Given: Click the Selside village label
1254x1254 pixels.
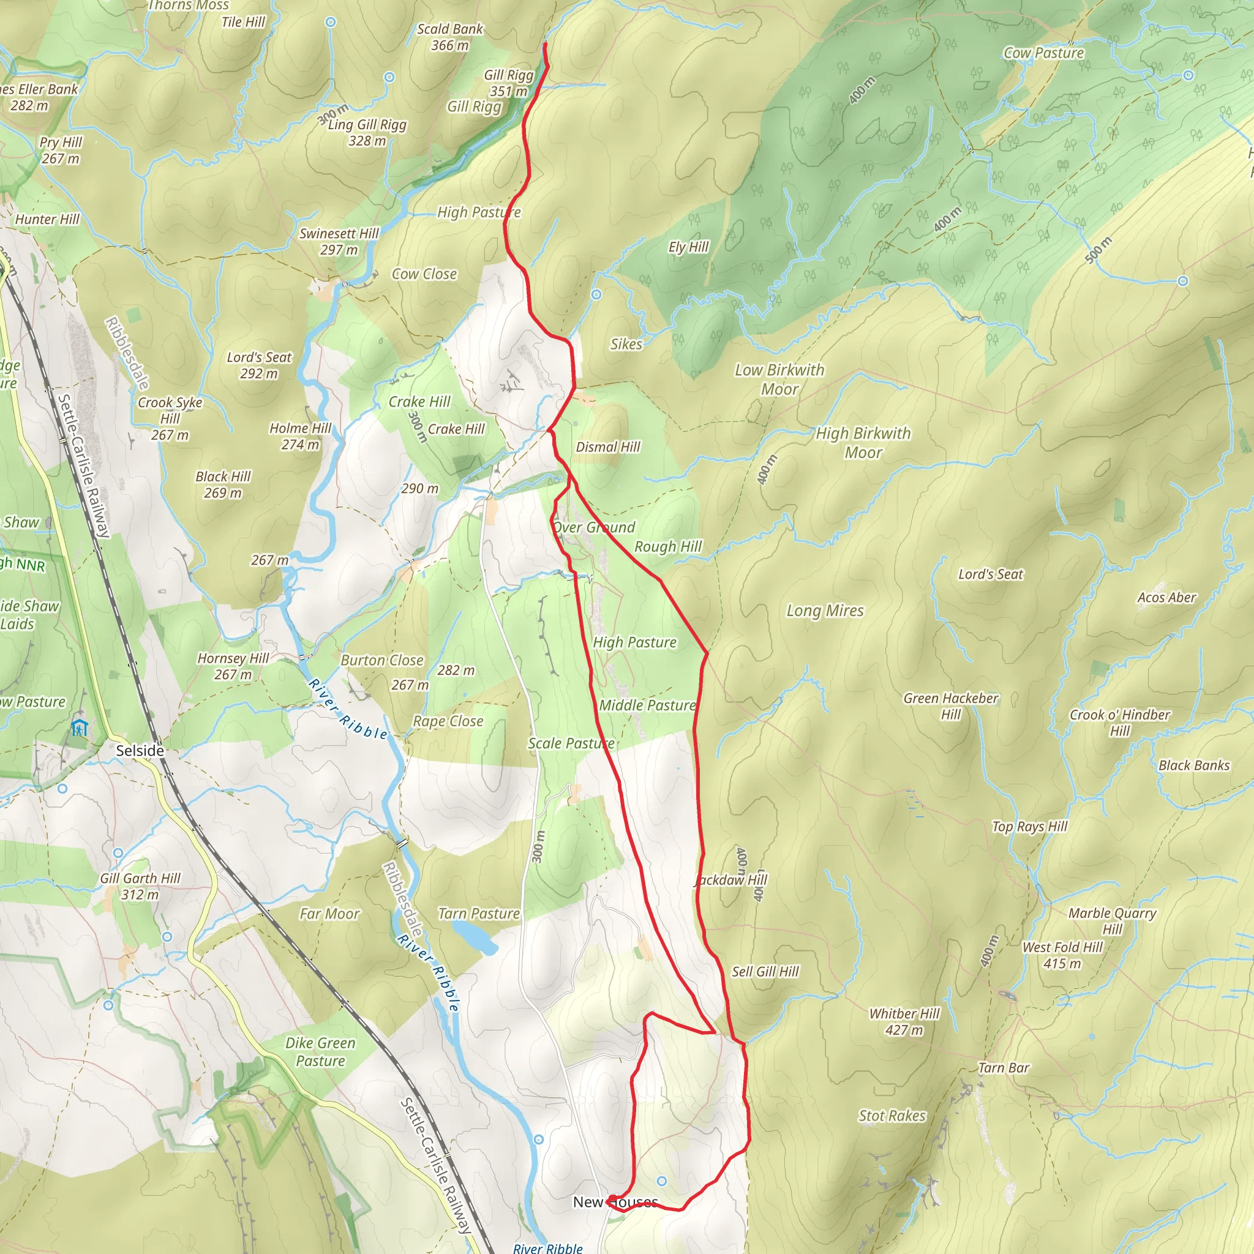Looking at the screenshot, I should click(140, 750).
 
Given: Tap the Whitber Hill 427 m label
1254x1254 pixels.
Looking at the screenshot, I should click(904, 1022).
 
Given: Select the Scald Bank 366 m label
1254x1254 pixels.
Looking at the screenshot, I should click(450, 37).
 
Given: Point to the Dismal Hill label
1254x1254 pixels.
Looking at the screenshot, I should click(607, 447).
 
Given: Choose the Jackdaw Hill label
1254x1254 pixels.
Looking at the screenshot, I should click(732, 880).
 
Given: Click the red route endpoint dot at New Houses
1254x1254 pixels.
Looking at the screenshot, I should click(613, 1200).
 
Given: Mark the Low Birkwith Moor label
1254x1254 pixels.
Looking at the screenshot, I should click(779, 379).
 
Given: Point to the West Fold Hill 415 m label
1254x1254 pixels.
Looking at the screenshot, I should click(1062, 955).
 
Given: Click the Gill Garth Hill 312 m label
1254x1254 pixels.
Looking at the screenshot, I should click(140, 886).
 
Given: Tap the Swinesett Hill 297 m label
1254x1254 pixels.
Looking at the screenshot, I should click(339, 241).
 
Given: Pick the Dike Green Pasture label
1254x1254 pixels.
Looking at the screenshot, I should click(320, 1051).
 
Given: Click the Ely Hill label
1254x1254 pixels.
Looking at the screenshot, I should click(688, 247).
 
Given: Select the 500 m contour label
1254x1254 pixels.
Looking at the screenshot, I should click(1098, 250).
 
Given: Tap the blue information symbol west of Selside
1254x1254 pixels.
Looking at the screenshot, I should click(79, 727).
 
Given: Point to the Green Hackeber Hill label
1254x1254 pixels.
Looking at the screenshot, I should click(950, 706).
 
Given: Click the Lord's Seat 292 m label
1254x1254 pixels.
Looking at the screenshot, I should click(259, 366).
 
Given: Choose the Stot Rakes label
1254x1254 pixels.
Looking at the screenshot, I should click(892, 1116).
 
